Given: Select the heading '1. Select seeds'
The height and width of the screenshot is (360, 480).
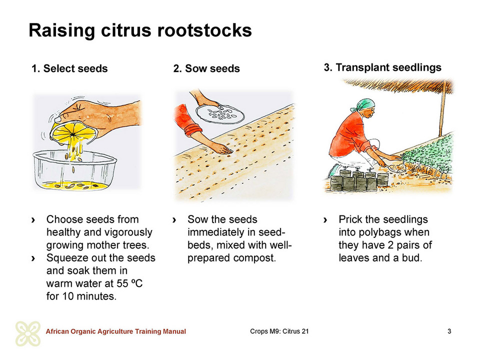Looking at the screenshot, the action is pyautogui.click(x=69, y=68).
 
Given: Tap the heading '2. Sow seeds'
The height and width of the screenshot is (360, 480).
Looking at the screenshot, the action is pyautogui.click(x=206, y=68).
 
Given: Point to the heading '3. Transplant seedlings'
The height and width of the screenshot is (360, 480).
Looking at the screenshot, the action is pyautogui.click(x=382, y=67).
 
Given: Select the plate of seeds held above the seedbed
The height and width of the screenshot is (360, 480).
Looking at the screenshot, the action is pyautogui.click(x=220, y=114).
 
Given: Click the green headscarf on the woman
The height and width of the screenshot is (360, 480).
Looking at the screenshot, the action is pyautogui.click(x=363, y=105).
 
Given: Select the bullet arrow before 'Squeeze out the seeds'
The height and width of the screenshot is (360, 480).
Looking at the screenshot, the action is pyautogui.click(x=33, y=258).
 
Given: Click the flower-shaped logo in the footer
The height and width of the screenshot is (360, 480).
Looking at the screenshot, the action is pyautogui.click(x=28, y=333).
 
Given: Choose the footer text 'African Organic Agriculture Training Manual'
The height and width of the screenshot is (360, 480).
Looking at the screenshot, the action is pyautogui.click(x=115, y=331).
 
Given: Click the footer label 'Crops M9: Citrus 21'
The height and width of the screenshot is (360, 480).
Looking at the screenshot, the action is pyautogui.click(x=279, y=331).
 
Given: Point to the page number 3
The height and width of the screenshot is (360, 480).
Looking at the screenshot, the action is pyautogui.click(x=449, y=331).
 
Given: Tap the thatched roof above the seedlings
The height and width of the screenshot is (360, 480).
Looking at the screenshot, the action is pyautogui.click(x=398, y=85).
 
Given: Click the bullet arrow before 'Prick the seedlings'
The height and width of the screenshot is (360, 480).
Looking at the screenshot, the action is pyautogui.click(x=325, y=220).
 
